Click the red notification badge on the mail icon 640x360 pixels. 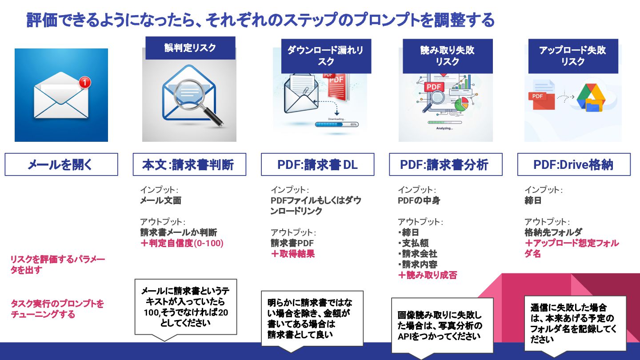84,82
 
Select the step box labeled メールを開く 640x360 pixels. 61,164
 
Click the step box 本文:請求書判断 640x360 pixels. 189,164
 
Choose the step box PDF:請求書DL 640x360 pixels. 317,164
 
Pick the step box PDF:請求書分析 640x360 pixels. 445,164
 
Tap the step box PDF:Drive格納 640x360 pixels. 574,164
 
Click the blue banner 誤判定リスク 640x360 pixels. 190,48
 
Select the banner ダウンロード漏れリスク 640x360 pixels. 326,56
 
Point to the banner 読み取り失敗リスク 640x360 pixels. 448,56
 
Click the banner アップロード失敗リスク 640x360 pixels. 573,56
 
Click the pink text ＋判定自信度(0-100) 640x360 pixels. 182,243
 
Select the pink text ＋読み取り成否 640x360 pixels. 427,275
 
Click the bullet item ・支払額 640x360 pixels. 413,243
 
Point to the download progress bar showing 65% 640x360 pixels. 336,124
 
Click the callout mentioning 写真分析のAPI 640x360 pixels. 442,325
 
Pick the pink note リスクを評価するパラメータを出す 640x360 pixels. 57,264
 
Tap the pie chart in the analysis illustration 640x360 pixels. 462,104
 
